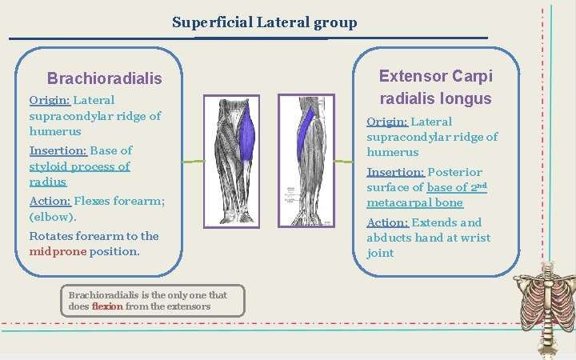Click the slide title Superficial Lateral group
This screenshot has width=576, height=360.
tap(264, 22)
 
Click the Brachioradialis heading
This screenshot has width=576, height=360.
tap(104, 78)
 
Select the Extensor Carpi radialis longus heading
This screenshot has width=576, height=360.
tap(435, 87)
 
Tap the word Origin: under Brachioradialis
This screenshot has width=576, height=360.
tap(50, 100)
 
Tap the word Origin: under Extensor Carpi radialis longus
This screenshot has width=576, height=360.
tap(387, 122)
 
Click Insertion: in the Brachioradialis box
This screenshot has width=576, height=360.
tap(58, 150)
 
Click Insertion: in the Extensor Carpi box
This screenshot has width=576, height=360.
tap(395, 172)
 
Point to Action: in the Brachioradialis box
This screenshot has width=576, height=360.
tap(50, 202)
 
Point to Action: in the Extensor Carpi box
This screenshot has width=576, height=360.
tap(387, 222)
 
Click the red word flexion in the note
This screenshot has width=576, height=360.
tap(107, 306)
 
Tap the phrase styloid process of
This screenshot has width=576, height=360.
tap(79, 166)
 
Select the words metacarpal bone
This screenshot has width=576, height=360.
tap(414, 202)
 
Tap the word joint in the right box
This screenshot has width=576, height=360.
tap(380, 253)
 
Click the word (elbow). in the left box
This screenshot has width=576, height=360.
tap(52, 217)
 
